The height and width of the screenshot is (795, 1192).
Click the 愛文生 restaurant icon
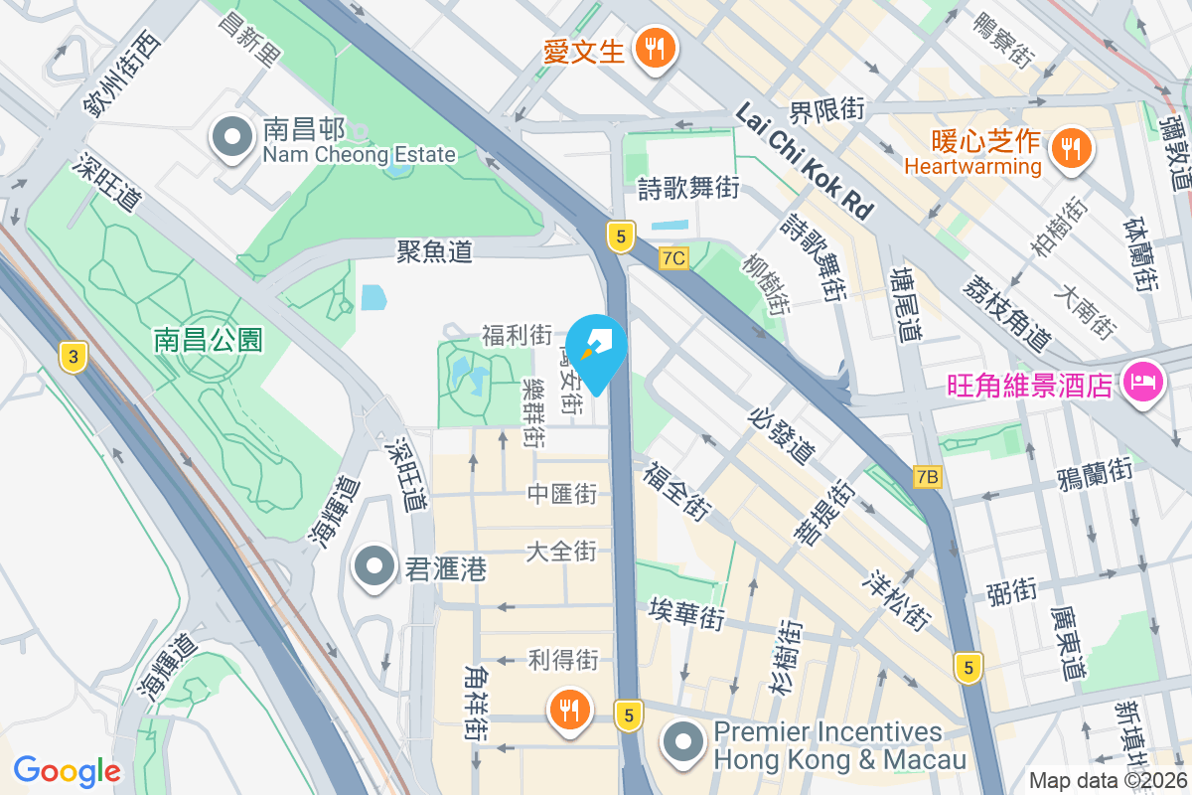654,47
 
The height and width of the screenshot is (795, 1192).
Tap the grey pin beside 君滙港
374,566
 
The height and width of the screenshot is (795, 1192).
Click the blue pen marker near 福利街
596,346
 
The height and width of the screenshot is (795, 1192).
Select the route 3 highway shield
72,357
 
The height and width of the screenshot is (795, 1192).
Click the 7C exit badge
673,258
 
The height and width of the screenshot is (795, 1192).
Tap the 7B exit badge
928,478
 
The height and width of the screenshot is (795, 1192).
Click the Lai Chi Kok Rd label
805,162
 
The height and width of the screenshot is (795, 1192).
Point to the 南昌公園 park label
209,341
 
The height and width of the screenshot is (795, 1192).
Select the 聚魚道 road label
434,251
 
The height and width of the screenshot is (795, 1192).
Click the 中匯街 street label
561,493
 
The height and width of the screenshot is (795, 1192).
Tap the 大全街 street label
561,551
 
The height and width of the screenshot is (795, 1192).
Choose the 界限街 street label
827,109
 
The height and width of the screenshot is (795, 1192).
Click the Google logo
67,771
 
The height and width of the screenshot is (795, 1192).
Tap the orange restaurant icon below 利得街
569,710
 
